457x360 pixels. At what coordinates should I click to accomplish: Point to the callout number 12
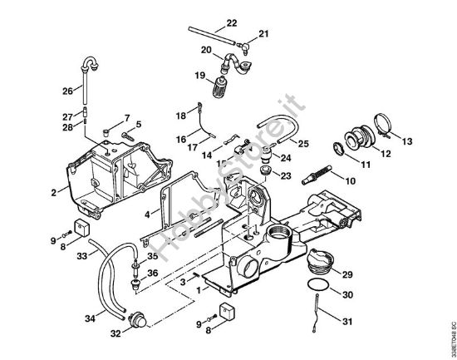[384, 154]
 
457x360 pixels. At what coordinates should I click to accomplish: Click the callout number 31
[348, 321]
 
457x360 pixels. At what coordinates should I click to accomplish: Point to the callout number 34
[90, 318]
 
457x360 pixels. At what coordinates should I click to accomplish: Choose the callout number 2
[53, 192]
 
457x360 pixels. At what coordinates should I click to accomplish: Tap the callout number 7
[127, 117]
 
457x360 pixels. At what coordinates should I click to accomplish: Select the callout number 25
[304, 144]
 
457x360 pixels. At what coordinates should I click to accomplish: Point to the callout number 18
[179, 116]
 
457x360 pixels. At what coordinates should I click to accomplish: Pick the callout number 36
[152, 274]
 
